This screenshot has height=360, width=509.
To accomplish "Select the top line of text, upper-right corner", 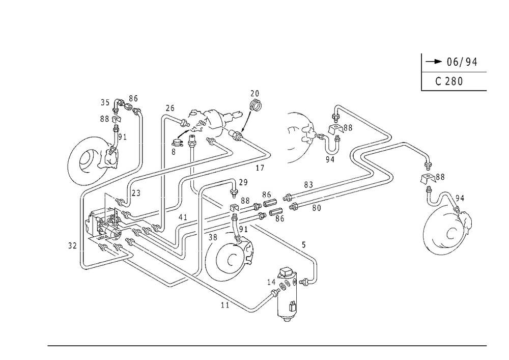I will point(456,63).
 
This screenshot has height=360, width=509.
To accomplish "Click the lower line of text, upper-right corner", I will point(450,81).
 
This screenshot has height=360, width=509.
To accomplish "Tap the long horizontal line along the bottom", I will point(267,345).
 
